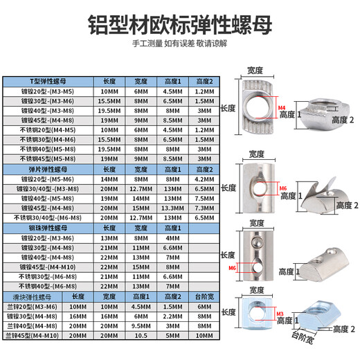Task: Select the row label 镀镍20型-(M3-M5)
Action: [46, 90]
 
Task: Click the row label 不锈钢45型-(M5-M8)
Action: [46, 158]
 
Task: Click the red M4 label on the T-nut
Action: [280, 108]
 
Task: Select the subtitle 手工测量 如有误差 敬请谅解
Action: [180, 44]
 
